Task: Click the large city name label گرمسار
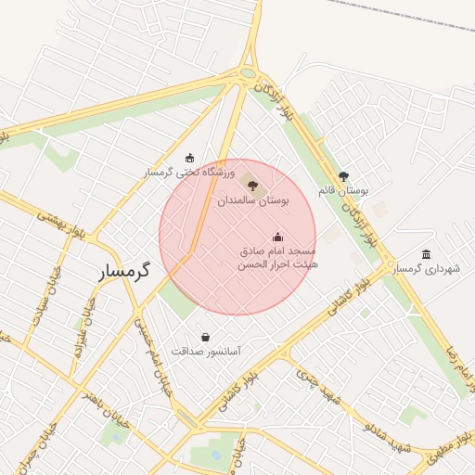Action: [129, 271]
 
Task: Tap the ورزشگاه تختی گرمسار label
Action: [190, 173]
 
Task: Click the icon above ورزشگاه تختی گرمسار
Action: [190, 157]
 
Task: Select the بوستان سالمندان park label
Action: [253, 199]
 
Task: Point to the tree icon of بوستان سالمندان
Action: [253, 186]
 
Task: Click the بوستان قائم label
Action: [343, 189]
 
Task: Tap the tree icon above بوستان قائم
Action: [343, 175]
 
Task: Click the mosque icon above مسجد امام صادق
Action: [277, 237]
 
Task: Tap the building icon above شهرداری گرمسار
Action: [426, 254]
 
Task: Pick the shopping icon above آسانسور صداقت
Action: [205, 337]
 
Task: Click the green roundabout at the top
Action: [248, 74]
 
